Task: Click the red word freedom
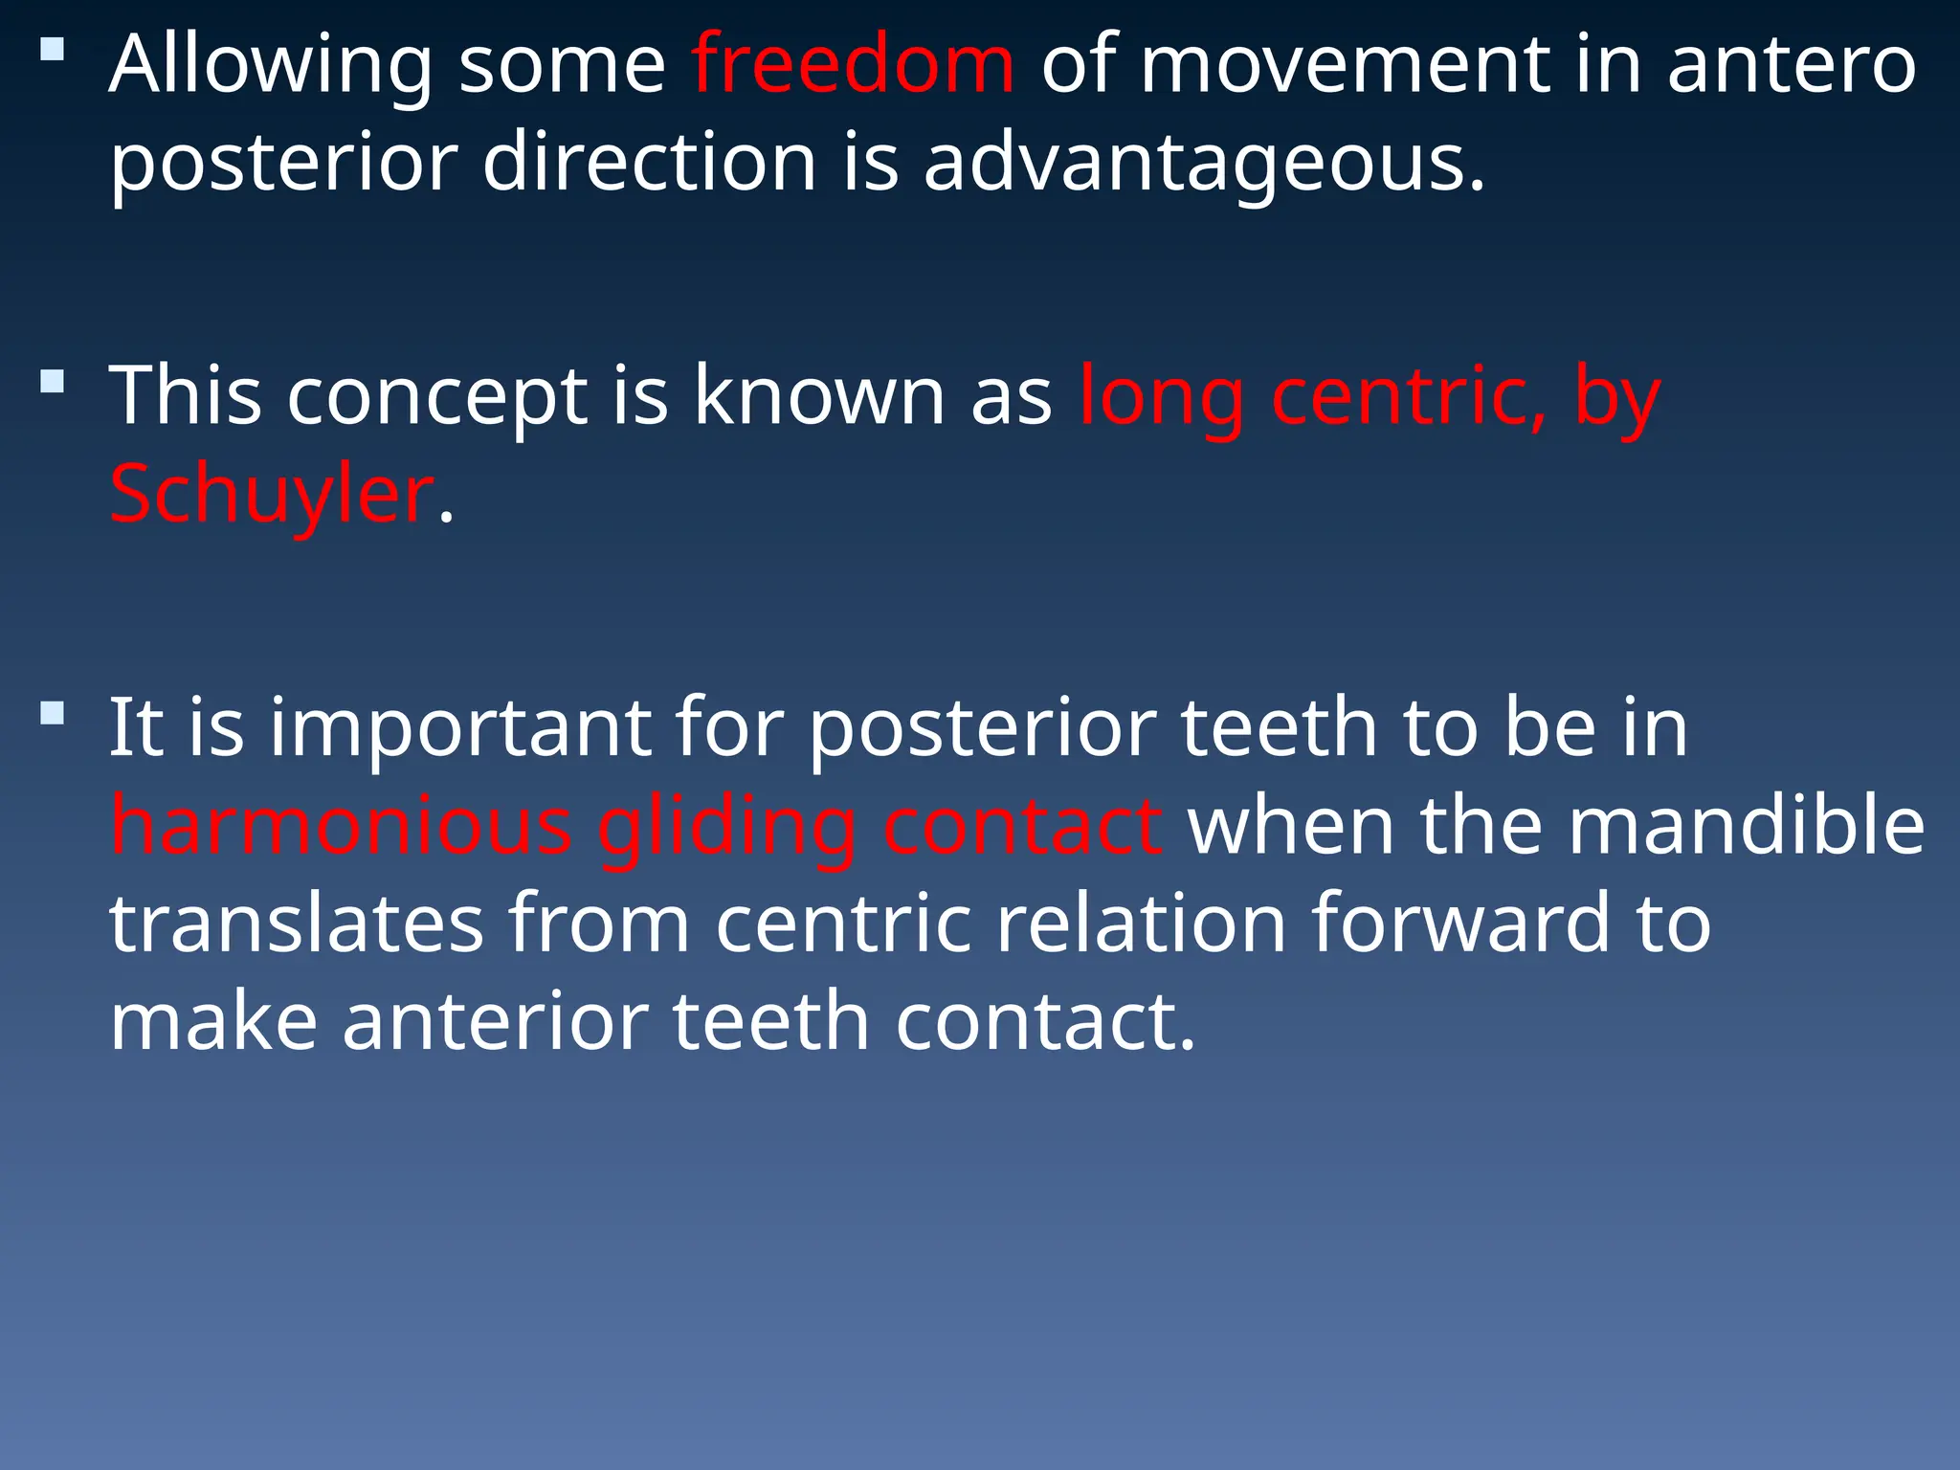pos(852,65)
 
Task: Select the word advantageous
pos(1204,163)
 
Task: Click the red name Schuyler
pos(272,495)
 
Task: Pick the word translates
pos(297,924)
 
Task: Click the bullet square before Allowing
pos(53,49)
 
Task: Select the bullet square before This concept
pos(53,382)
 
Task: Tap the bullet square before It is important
pos(53,714)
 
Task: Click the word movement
pos(1344,65)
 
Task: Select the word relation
pos(1141,924)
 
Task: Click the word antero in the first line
pos(1792,65)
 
